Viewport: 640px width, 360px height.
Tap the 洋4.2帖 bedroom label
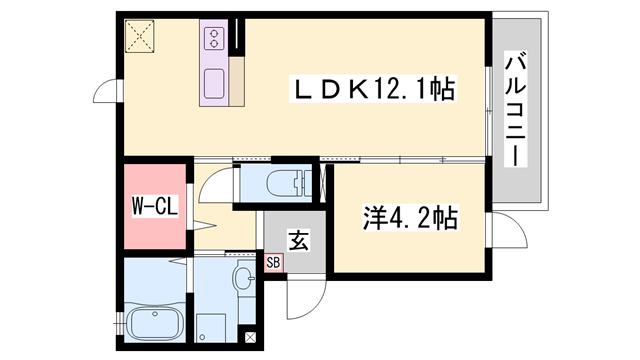(410, 218)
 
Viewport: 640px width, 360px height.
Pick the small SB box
(274, 262)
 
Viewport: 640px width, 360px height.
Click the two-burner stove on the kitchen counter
(215, 39)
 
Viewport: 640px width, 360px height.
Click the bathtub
(155, 322)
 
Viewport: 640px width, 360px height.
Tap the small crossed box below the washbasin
(249, 338)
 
